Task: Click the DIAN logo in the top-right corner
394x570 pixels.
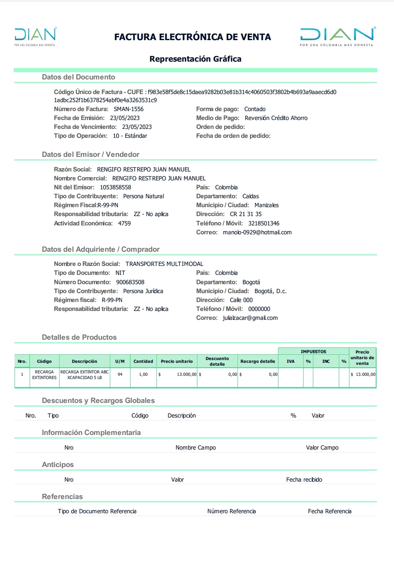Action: [x=337, y=36]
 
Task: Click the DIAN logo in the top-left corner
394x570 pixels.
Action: [x=35, y=36]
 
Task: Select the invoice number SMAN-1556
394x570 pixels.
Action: [x=128, y=109]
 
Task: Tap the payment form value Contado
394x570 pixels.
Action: [x=255, y=109]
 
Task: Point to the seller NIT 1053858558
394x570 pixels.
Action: [x=116, y=187]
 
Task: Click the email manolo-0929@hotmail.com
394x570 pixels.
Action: [x=257, y=232]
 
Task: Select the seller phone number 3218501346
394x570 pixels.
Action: [x=263, y=223]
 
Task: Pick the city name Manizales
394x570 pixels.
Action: [x=266, y=205]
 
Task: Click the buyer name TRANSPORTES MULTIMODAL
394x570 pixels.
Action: [x=164, y=264]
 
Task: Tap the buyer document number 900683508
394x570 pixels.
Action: [x=130, y=282]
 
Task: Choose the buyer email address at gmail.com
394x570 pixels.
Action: [x=250, y=318]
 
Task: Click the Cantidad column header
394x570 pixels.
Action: [x=143, y=361]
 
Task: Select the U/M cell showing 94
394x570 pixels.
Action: [x=120, y=375]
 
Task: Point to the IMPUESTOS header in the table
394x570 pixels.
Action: [x=313, y=351]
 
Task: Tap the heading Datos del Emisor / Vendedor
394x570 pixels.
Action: [x=90, y=154]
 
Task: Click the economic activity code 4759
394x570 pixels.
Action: [x=124, y=223]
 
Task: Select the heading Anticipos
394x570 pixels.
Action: [x=58, y=465]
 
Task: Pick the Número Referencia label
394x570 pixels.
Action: [x=231, y=511]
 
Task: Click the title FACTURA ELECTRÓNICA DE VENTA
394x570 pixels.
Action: [x=193, y=37]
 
